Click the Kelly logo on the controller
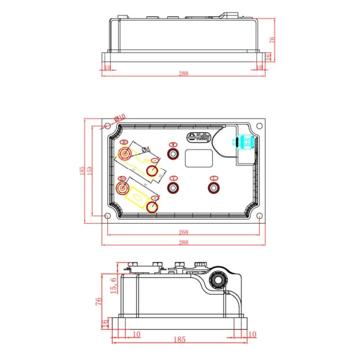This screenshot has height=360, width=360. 199,137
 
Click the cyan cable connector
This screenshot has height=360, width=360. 243,143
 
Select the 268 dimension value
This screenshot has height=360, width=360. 183,232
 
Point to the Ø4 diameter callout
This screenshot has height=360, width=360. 146,149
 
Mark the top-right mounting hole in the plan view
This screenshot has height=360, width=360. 259,128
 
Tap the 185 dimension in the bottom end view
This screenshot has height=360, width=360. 180,340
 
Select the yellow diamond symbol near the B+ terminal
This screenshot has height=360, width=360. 138,196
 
